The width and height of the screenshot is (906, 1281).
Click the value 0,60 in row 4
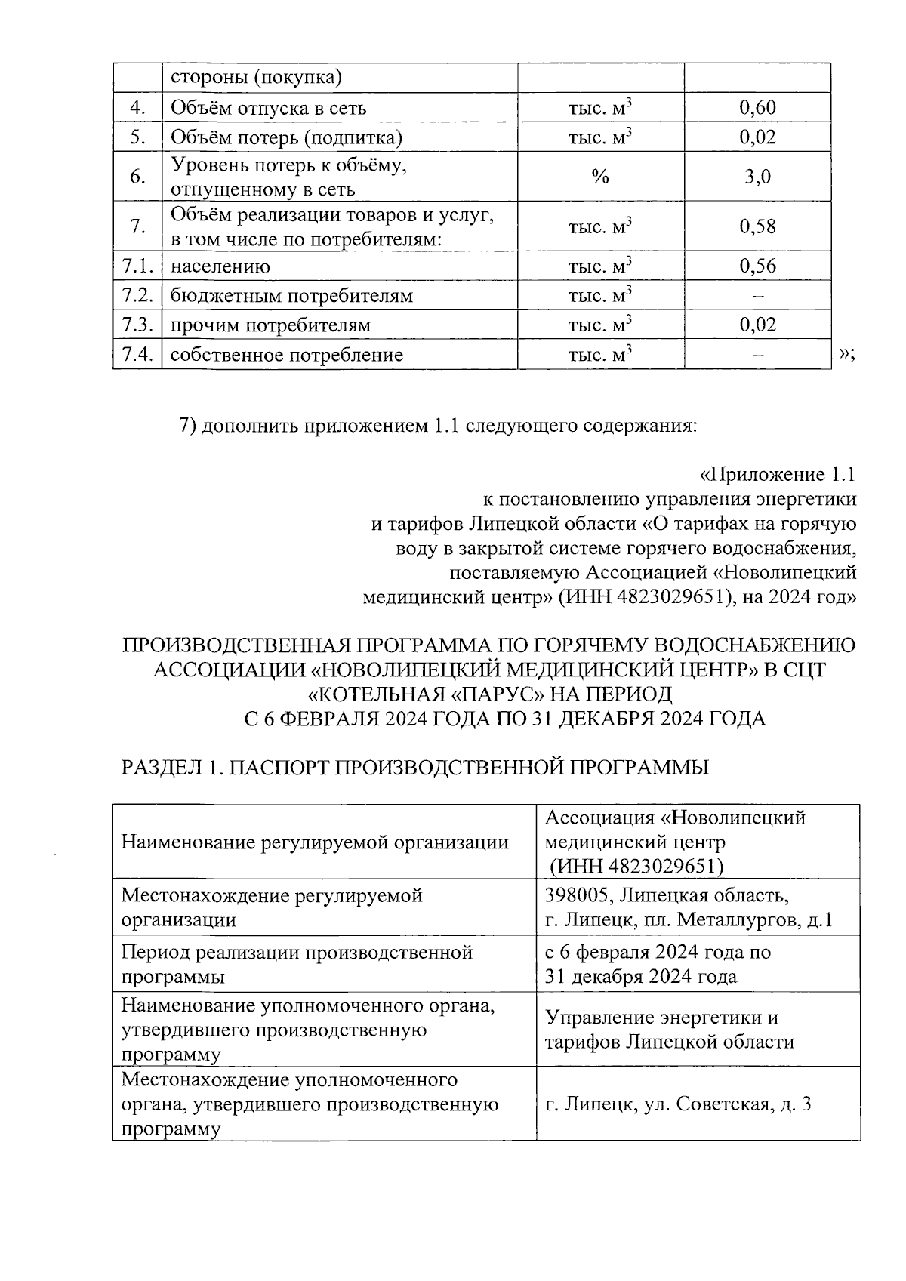[757, 108]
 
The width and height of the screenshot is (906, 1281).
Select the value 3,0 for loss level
[757, 177]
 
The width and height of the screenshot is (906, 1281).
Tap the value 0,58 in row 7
[757, 226]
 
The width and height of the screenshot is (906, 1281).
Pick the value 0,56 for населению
[757, 266]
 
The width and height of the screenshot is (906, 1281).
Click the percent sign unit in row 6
[600, 177]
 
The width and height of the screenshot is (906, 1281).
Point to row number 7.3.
[137, 325]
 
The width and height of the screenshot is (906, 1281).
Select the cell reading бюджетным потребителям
[291, 296]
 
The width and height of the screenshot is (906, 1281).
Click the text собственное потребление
[286, 355]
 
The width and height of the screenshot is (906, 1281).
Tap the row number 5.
[137, 137]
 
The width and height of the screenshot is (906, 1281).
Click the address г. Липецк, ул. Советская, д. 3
[677, 1104]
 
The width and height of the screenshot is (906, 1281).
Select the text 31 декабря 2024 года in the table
[640, 977]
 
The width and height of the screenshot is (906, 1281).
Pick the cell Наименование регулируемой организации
[315, 842]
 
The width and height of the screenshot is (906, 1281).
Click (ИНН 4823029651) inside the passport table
[636, 866]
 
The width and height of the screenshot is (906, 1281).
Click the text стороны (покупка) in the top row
[256, 77]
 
